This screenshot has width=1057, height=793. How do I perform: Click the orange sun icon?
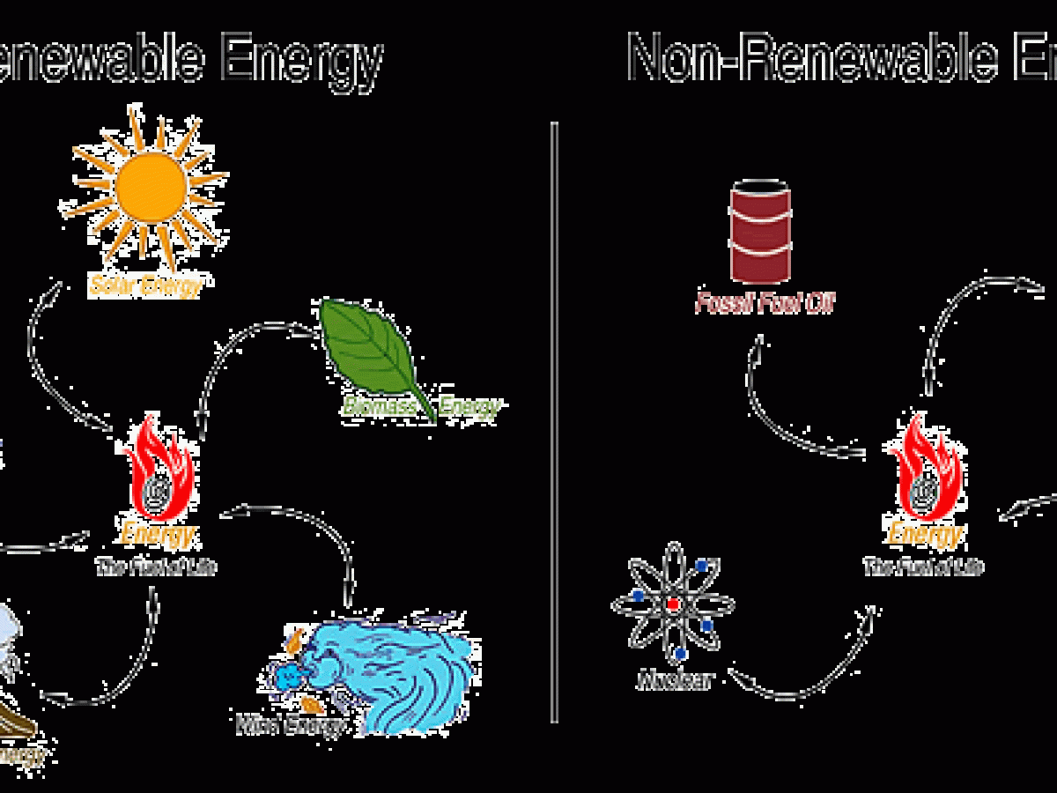pos(150,188)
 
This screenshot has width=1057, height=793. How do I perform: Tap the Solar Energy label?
pos(145,285)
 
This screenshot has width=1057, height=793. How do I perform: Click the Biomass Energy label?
pos(421,407)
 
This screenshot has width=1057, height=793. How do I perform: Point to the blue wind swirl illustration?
pos(388,674)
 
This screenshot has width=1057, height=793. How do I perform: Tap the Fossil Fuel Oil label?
pos(765,305)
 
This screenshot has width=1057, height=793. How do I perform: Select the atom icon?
pos(674,605)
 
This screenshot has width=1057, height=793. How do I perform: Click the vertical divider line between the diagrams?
pos(554,423)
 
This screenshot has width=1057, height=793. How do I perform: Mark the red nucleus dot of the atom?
pos(674,605)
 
